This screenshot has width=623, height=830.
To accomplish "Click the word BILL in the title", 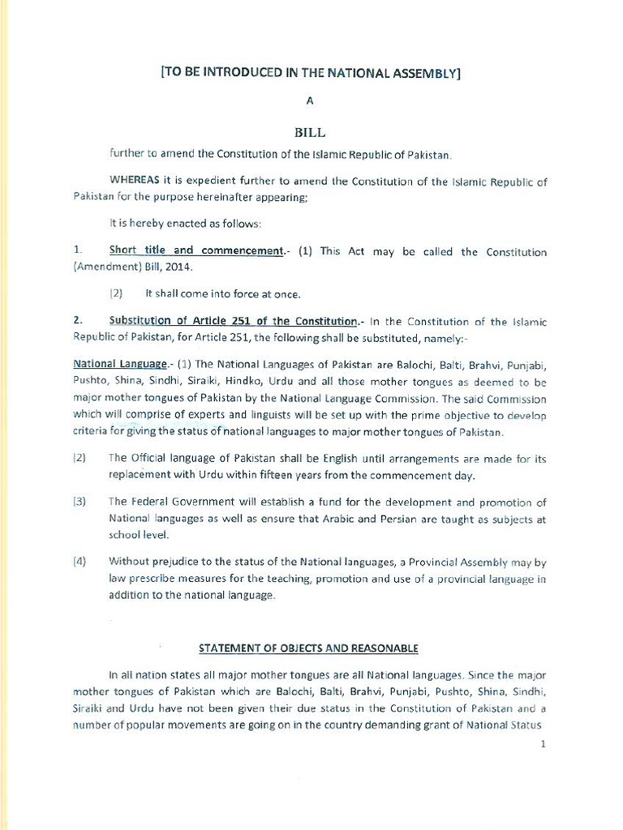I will [309, 132].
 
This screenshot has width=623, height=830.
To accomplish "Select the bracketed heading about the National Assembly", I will [311, 72].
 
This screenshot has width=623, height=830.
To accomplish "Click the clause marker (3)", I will [79, 503].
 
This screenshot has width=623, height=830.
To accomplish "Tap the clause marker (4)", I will [79, 562].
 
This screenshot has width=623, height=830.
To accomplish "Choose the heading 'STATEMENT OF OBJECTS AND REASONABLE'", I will [309, 648].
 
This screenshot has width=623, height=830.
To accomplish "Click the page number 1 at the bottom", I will [542, 745].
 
